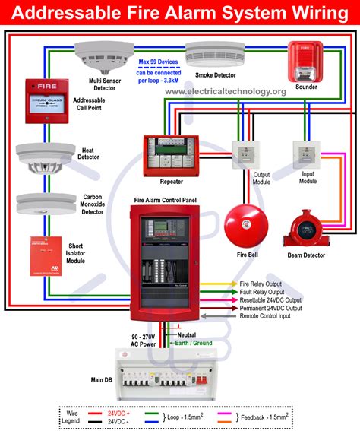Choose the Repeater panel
[x=171, y=157]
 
